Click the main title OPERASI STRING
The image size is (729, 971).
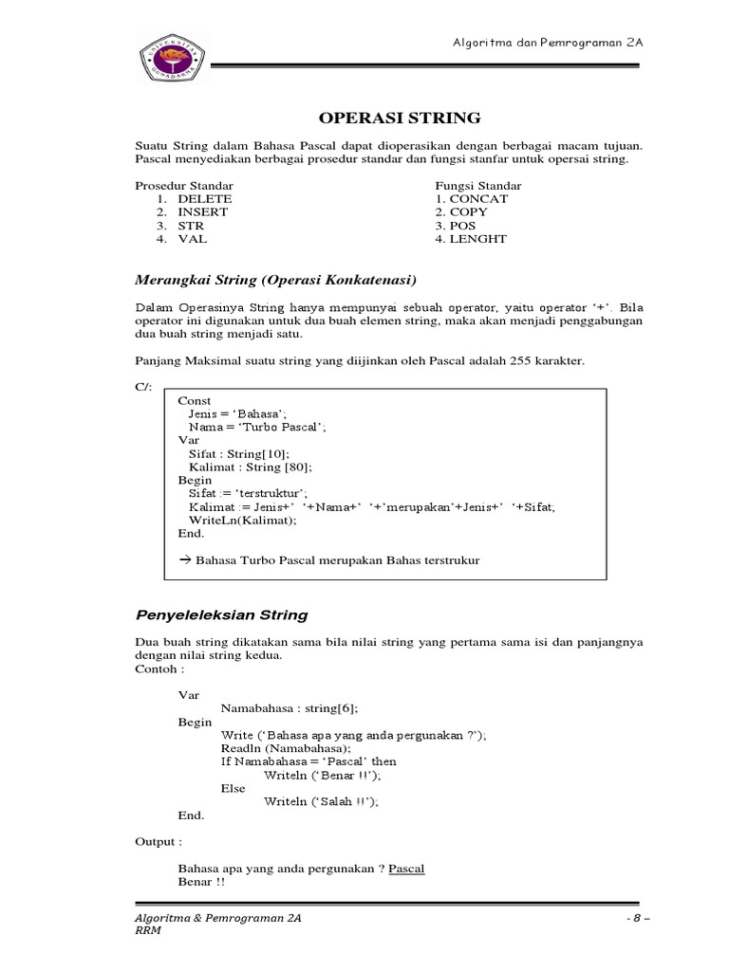tap(398, 119)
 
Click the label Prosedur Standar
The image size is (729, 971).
tap(184, 186)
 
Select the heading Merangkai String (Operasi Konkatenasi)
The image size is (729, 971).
tap(276, 281)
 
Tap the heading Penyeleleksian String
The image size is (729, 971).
tap(222, 615)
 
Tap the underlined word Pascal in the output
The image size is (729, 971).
tap(406, 868)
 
